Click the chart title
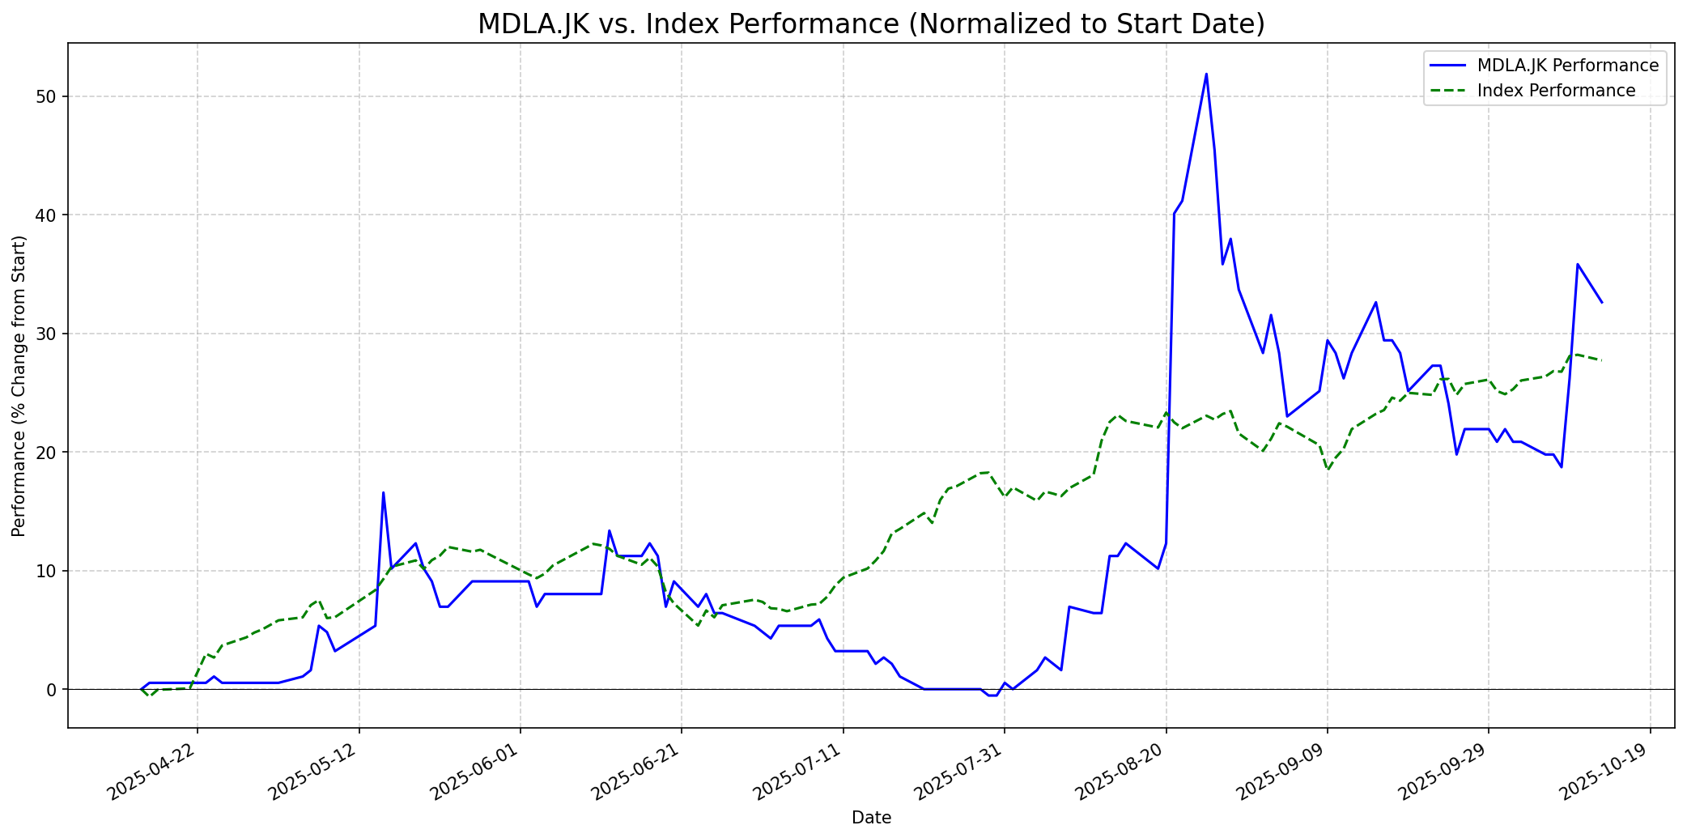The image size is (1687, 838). pyautogui.click(x=871, y=24)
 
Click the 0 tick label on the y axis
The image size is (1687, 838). pyautogui.click(x=53, y=690)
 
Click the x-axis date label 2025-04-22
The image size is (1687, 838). pyautogui.click(x=154, y=770)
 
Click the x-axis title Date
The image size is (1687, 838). pyautogui.click(x=871, y=819)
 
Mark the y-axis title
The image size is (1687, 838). pyautogui.click(x=19, y=386)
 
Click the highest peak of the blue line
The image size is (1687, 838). pyautogui.click(x=1206, y=74)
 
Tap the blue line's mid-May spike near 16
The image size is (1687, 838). pyautogui.click(x=383, y=492)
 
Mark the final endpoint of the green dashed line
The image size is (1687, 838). pyautogui.click(x=1601, y=360)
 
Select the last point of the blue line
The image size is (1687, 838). pyautogui.click(x=1601, y=302)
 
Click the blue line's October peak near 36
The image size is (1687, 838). pyautogui.click(x=1577, y=264)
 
